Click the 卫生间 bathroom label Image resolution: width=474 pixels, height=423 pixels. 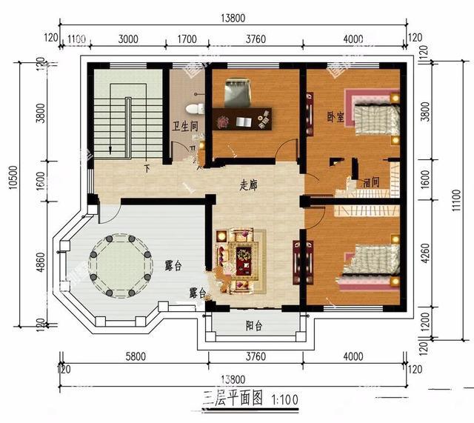[184, 126]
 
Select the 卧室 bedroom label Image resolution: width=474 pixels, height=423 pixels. [335, 117]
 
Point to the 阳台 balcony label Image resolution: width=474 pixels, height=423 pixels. [254, 325]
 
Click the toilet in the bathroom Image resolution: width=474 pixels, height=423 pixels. [194, 108]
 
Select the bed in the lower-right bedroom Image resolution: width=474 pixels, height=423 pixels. [370, 263]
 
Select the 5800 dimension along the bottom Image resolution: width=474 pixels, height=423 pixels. [135, 356]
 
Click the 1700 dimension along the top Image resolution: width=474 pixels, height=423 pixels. [187, 39]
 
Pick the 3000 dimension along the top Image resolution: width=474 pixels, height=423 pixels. [128, 39]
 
